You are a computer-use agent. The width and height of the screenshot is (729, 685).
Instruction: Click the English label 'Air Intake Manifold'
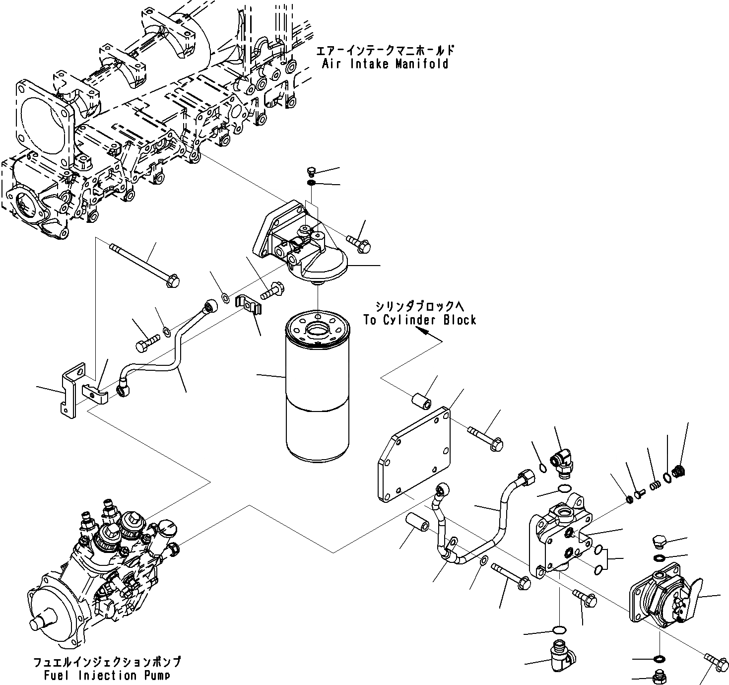pos(385,64)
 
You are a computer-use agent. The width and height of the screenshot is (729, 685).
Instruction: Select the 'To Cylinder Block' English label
pos(419,320)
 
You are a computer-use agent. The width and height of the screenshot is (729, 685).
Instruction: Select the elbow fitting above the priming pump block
pos(562,459)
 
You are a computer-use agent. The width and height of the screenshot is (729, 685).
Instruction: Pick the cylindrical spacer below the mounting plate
pos(417,525)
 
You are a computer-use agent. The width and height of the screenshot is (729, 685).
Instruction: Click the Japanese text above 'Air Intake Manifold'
pos(385,51)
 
